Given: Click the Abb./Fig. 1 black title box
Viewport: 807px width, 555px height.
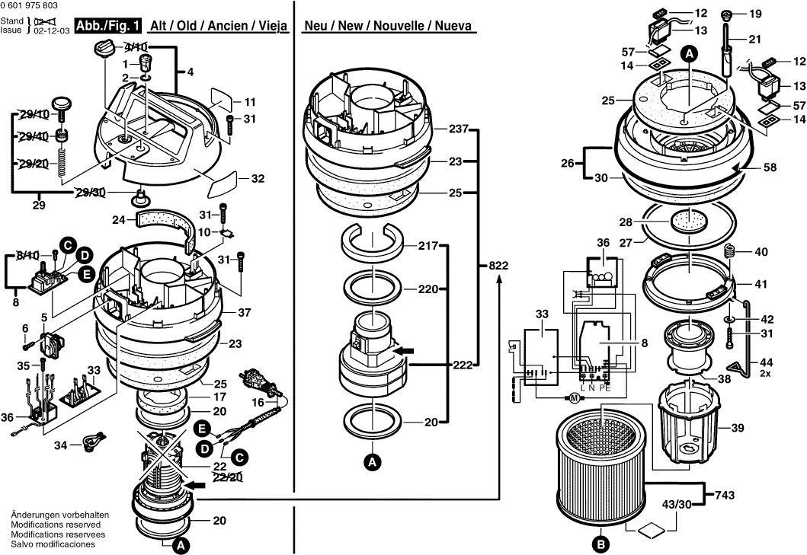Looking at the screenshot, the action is pos(108,26).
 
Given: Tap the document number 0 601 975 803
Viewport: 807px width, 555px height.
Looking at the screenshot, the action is pos(29,5).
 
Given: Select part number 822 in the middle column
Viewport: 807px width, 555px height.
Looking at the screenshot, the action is pos(498,266).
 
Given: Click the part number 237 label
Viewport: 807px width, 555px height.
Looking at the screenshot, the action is pos(458,128).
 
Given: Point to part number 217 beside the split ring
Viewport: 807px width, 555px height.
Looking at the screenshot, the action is pos(428,246).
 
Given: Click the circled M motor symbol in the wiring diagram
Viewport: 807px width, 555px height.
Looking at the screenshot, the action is pos(573,397).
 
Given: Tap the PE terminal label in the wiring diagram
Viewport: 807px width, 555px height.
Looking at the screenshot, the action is pos(606,388).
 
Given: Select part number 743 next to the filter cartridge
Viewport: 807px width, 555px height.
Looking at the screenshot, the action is pos(725,496).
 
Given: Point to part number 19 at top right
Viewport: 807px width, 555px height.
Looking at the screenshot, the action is pos(755,14).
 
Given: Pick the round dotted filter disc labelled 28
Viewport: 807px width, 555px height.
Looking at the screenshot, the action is pos(687,222).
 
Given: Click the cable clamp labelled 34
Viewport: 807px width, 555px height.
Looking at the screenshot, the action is pos(94,441).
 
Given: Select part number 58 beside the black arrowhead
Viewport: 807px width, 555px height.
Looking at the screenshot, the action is pos(770,167).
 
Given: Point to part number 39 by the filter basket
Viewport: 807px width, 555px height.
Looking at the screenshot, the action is pos(737,427).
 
